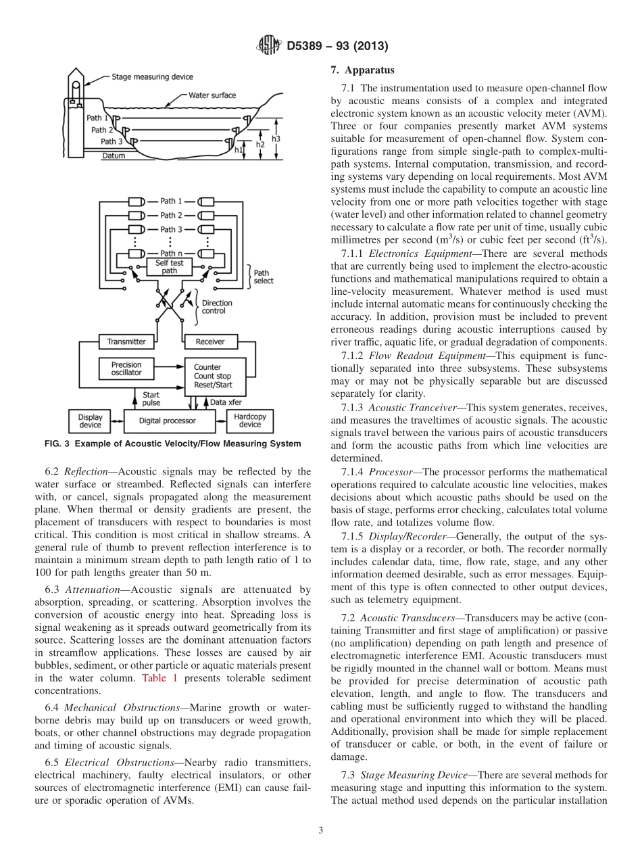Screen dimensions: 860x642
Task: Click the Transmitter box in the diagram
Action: (x=126, y=341)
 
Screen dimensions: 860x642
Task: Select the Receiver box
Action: (x=209, y=341)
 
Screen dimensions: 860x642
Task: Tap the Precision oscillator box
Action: (x=126, y=368)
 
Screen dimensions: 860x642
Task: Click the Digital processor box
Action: (x=167, y=421)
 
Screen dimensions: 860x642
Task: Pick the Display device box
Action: (x=90, y=421)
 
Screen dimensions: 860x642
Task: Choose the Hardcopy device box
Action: (x=249, y=421)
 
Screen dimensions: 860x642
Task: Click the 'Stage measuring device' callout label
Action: (x=152, y=77)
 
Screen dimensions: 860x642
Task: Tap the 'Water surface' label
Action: (x=212, y=95)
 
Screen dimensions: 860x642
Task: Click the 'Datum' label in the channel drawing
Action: (x=113, y=156)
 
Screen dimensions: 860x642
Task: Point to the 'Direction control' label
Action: (x=216, y=307)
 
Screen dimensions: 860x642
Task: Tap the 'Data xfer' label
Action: (x=227, y=402)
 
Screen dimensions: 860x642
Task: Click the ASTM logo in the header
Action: (x=269, y=46)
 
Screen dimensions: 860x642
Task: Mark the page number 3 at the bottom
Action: (x=320, y=830)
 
